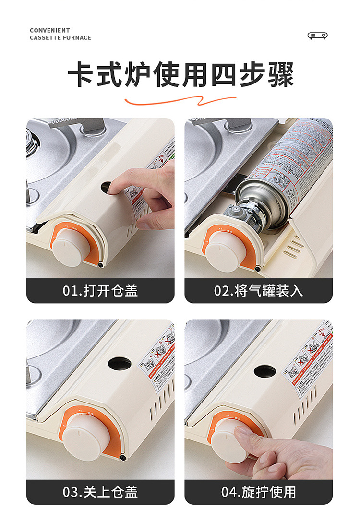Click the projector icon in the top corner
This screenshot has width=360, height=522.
[317, 36]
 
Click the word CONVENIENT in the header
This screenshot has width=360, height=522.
[49, 30]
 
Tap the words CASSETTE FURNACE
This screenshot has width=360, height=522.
[60, 37]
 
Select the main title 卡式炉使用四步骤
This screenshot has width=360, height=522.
[180, 75]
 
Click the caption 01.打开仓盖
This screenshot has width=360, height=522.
[100, 291]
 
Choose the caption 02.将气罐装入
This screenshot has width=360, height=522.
[258, 291]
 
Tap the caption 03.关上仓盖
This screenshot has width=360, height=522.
[100, 492]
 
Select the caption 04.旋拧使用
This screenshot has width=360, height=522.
[258, 492]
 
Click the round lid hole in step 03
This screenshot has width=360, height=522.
[120, 363]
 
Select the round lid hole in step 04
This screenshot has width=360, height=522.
[264, 371]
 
